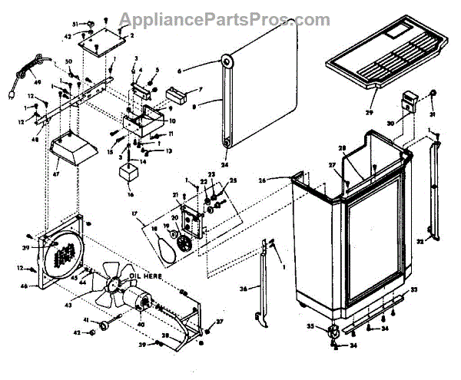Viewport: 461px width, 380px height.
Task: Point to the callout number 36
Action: (x=244, y=289)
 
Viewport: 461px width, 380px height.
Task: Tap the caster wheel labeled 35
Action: (x=334, y=332)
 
